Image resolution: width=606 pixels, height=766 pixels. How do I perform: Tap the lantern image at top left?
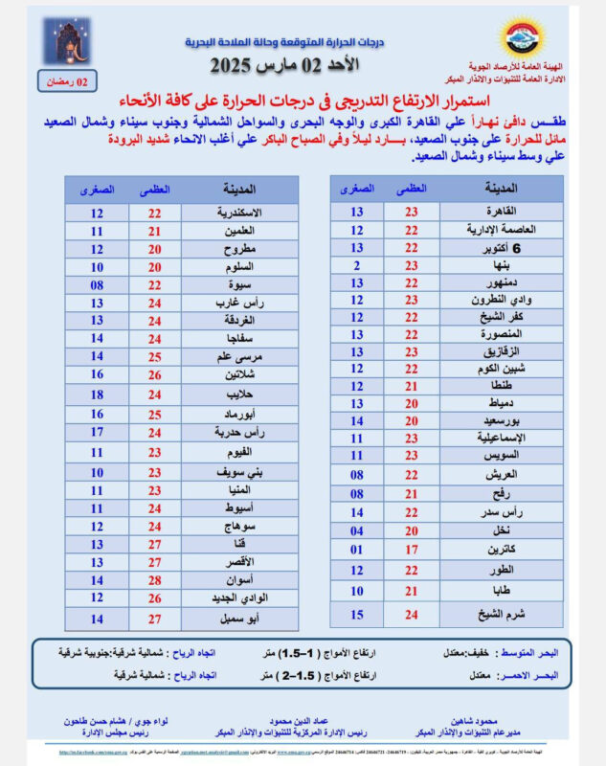66,42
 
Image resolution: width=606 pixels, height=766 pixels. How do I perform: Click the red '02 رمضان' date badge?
67,82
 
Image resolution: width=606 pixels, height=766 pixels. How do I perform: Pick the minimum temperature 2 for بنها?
356,265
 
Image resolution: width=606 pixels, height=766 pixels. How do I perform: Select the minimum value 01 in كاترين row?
356,550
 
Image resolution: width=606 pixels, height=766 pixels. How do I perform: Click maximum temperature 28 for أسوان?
154,580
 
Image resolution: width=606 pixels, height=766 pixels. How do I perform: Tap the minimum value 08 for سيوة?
97,286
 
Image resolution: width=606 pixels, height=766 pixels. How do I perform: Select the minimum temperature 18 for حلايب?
97,394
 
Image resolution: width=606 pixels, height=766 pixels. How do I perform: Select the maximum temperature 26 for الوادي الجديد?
154,598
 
